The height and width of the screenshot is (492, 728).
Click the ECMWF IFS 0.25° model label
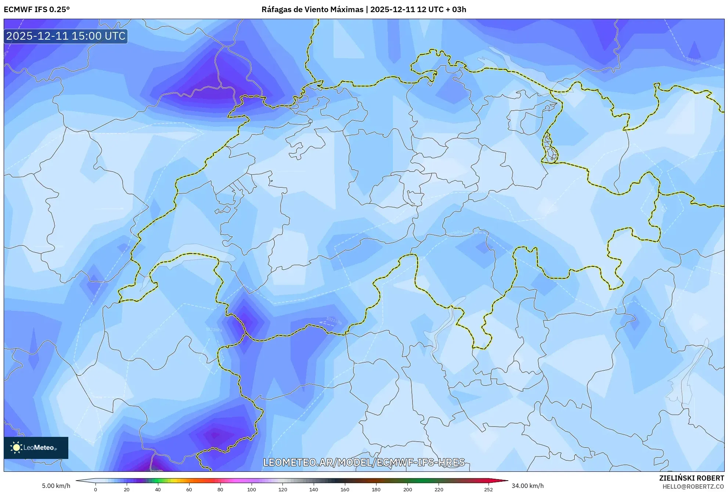pos(37,10)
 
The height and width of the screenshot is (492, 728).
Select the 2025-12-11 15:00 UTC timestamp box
pos(66,36)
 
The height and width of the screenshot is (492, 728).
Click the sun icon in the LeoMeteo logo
pos(16,448)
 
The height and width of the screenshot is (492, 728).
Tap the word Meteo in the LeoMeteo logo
pos(44,448)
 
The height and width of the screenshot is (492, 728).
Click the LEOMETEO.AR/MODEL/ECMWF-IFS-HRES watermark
pos(364,462)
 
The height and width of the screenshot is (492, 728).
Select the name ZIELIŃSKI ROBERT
pos(691,478)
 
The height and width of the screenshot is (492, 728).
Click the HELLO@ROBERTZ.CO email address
pos(693,486)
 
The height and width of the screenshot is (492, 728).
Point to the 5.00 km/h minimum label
pos(56,486)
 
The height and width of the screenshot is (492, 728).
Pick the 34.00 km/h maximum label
pos(527,486)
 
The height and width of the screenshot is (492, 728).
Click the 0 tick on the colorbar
pos(95,489)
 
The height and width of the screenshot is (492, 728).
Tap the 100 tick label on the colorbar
pos(251,489)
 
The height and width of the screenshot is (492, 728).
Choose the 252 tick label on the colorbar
pos(488,489)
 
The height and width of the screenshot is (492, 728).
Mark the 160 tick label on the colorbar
pos(345,489)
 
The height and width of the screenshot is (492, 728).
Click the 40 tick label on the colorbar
pos(158,489)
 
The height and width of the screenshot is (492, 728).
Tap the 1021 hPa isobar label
pos(334,321)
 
